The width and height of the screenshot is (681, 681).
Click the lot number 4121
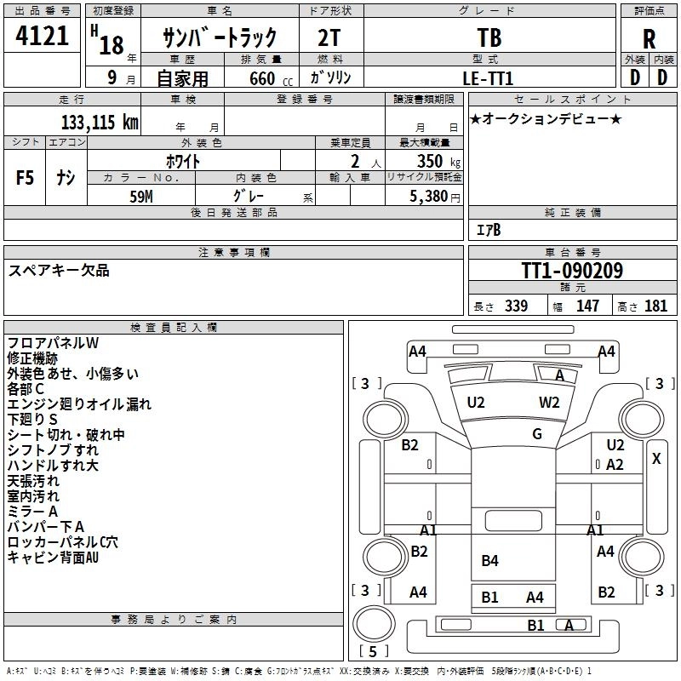(43, 37)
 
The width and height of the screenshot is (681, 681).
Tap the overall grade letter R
(649, 39)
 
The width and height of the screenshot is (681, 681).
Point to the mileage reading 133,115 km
(99, 122)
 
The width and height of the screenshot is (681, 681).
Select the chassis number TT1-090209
(572, 272)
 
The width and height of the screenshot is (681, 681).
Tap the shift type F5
(26, 177)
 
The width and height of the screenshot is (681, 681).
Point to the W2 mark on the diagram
(549, 403)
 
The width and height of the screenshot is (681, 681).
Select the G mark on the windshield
(537, 434)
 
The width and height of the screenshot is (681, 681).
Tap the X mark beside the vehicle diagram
(656, 458)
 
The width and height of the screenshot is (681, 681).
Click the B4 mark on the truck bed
(489, 560)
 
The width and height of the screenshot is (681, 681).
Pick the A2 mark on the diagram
(615, 465)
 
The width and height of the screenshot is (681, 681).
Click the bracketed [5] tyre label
(373, 651)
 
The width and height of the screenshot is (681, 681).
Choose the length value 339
(516, 306)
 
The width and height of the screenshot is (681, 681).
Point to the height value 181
(656, 306)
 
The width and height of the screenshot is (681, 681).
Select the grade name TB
(489, 37)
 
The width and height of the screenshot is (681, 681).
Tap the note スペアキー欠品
(59, 271)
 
